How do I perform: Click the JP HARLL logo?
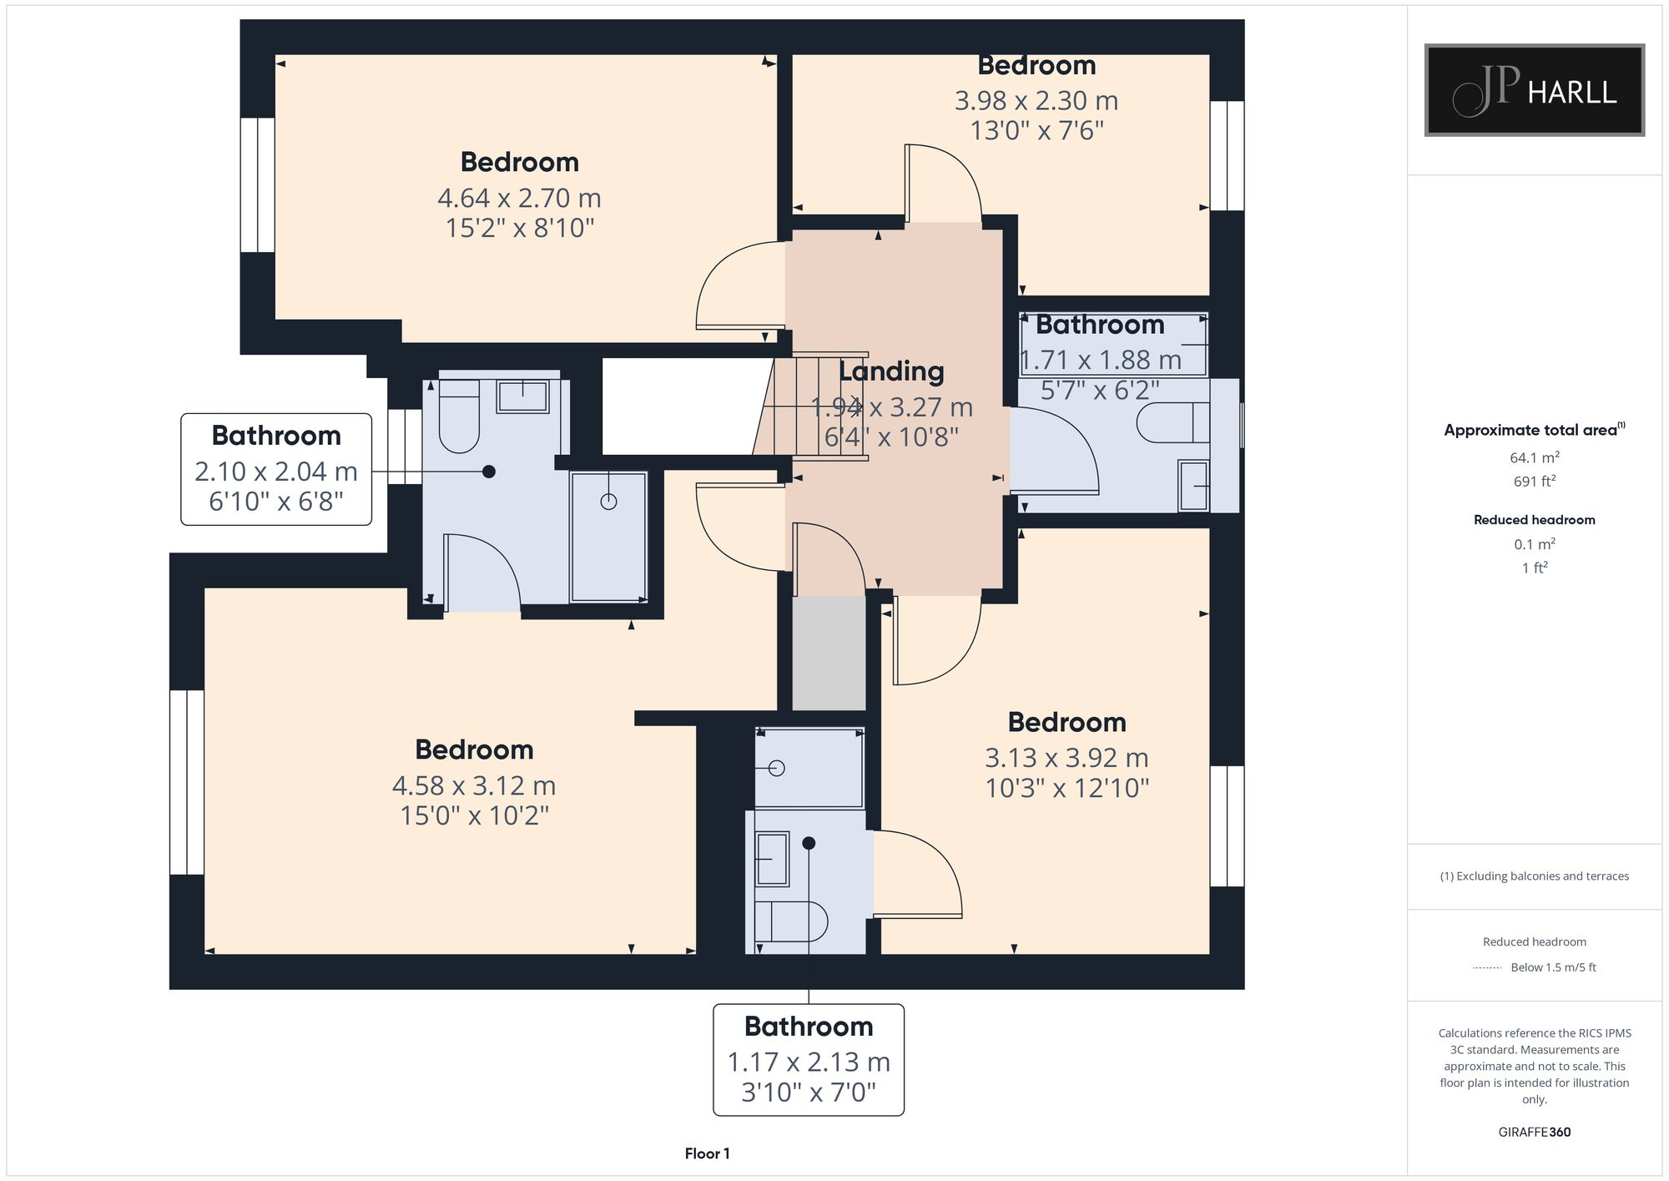tap(1534, 90)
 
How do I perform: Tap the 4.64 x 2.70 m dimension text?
tap(519, 198)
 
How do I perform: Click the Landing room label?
tap(891, 371)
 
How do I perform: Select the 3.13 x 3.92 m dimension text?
tap(1066, 758)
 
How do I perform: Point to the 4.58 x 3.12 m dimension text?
tap(474, 785)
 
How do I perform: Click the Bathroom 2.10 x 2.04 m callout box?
tap(276, 469)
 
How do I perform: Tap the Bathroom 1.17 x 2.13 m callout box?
tap(808, 1059)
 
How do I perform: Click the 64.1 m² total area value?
tap(1534, 457)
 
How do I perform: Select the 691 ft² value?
tap(1534, 482)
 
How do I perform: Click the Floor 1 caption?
tap(707, 1153)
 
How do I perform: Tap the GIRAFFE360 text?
tap(1534, 1132)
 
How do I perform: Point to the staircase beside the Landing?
tap(814, 406)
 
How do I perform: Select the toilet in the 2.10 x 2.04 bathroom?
tap(459, 417)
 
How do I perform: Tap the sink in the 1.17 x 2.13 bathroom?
tap(772, 859)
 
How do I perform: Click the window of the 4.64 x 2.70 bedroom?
tap(258, 184)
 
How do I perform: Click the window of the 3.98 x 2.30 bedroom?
tap(1227, 155)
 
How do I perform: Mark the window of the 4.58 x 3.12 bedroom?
tap(187, 782)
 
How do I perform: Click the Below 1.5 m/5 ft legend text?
tap(1552, 967)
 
